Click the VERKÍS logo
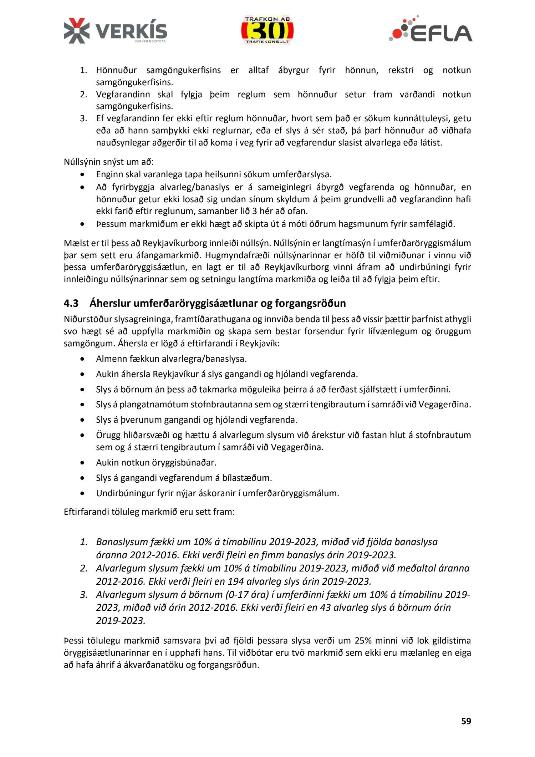pos(115,31)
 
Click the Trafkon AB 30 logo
pos(267,30)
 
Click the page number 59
pos(466,721)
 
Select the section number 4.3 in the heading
pos(71,303)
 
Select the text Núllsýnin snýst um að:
pos(109,162)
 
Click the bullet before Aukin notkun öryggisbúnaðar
pos(82,463)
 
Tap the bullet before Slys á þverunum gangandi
pos(82,420)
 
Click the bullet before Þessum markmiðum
pos(82,224)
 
